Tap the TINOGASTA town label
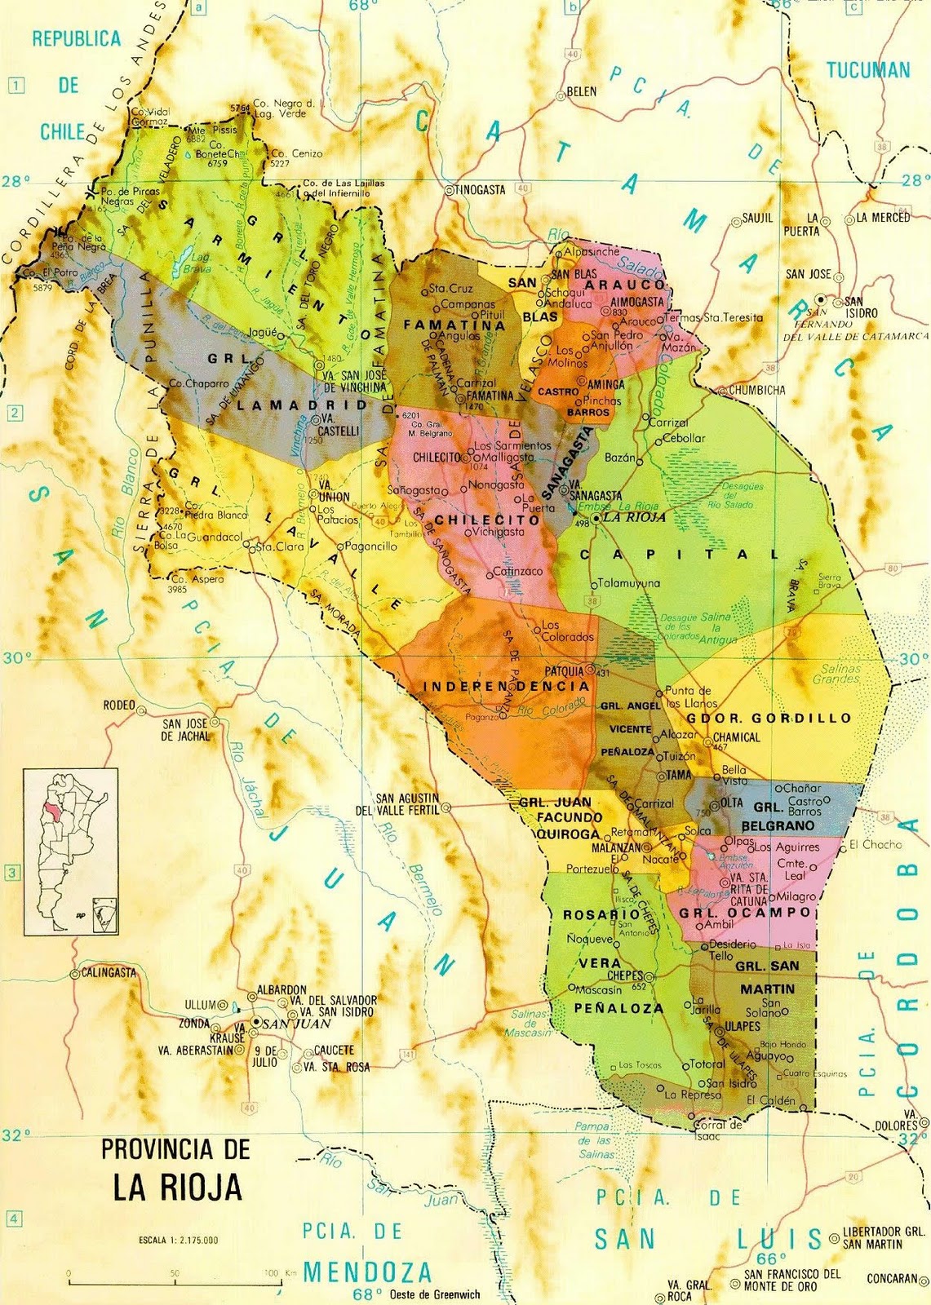[x=480, y=189]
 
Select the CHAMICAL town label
[x=736, y=737]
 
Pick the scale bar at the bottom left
[x=171, y=1282]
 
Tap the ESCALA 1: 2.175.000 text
[x=179, y=1241]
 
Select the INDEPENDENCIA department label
[x=506, y=687]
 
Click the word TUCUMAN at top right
[x=868, y=70]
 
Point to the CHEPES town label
[x=624, y=976]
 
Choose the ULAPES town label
[x=742, y=1025]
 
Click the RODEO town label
[x=118, y=706]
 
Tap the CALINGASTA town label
[x=109, y=972]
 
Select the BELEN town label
[x=581, y=91]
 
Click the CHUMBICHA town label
[x=757, y=390]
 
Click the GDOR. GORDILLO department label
[x=769, y=719]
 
